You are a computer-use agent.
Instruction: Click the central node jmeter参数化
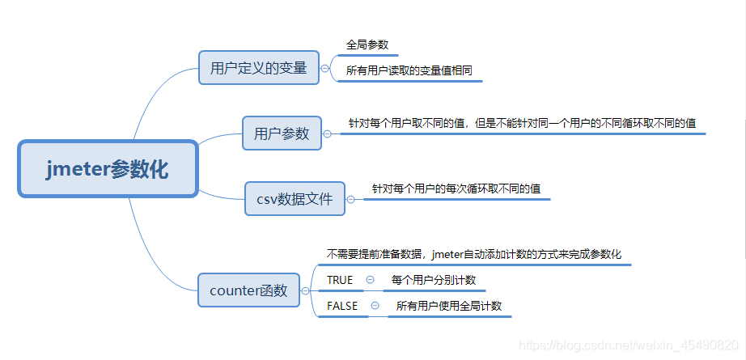(x=107, y=169)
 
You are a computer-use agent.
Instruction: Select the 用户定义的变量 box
(x=258, y=68)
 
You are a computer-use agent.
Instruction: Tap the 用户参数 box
(x=282, y=133)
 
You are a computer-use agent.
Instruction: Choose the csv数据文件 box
(x=295, y=198)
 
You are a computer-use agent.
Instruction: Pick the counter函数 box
(x=248, y=290)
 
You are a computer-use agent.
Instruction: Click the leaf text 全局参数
(x=367, y=45)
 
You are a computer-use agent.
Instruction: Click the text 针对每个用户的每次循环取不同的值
(x=456, y=188)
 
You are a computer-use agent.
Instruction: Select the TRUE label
(x=340, y=280)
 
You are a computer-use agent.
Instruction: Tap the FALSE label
(x=342, y=306)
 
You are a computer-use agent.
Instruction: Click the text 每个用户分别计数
(x=433, y=280)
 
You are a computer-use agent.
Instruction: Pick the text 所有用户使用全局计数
(x=448, y=306)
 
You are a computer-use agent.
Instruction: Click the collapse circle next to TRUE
(x=370, y=280)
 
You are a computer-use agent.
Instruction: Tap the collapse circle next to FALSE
(x=375, y=306)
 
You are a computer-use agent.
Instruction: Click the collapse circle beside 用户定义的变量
(x=325, y=69)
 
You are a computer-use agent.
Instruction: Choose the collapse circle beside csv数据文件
(x=351, y=198)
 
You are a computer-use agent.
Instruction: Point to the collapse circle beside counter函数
(x=305, y=290)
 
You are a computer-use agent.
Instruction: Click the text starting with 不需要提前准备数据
(x=473, y=254)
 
